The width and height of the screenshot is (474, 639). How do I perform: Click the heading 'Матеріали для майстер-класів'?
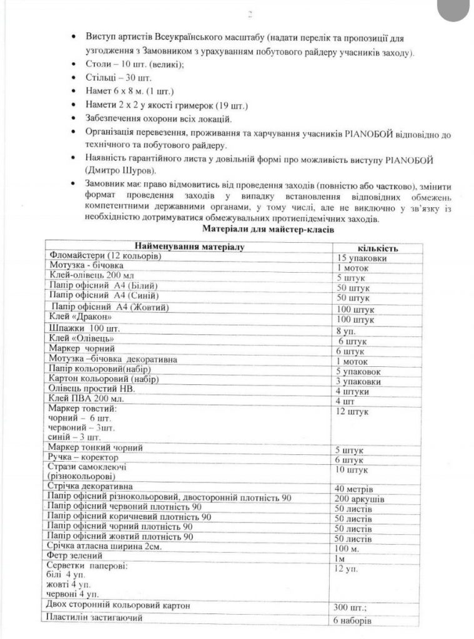click(268, 230)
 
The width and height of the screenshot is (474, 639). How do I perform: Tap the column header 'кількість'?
click(378, 248)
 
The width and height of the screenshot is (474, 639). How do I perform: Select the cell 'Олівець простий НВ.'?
click(91, 388)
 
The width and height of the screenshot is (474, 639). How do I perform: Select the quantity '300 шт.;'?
click(354, 607)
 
